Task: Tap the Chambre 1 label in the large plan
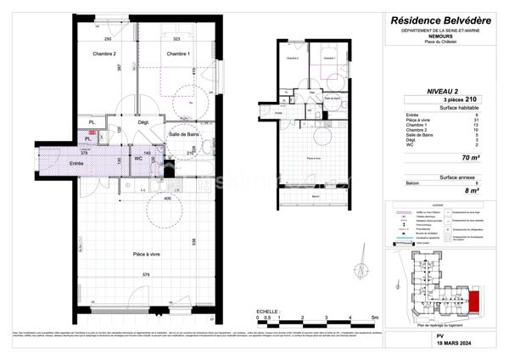click(x=178, y=53)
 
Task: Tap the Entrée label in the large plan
click(x=76, y=163)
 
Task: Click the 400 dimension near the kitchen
click(x=167, y=199)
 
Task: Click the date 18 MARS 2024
click(x=440, y=343)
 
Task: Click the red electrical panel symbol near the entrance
click(x=91, y=134)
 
